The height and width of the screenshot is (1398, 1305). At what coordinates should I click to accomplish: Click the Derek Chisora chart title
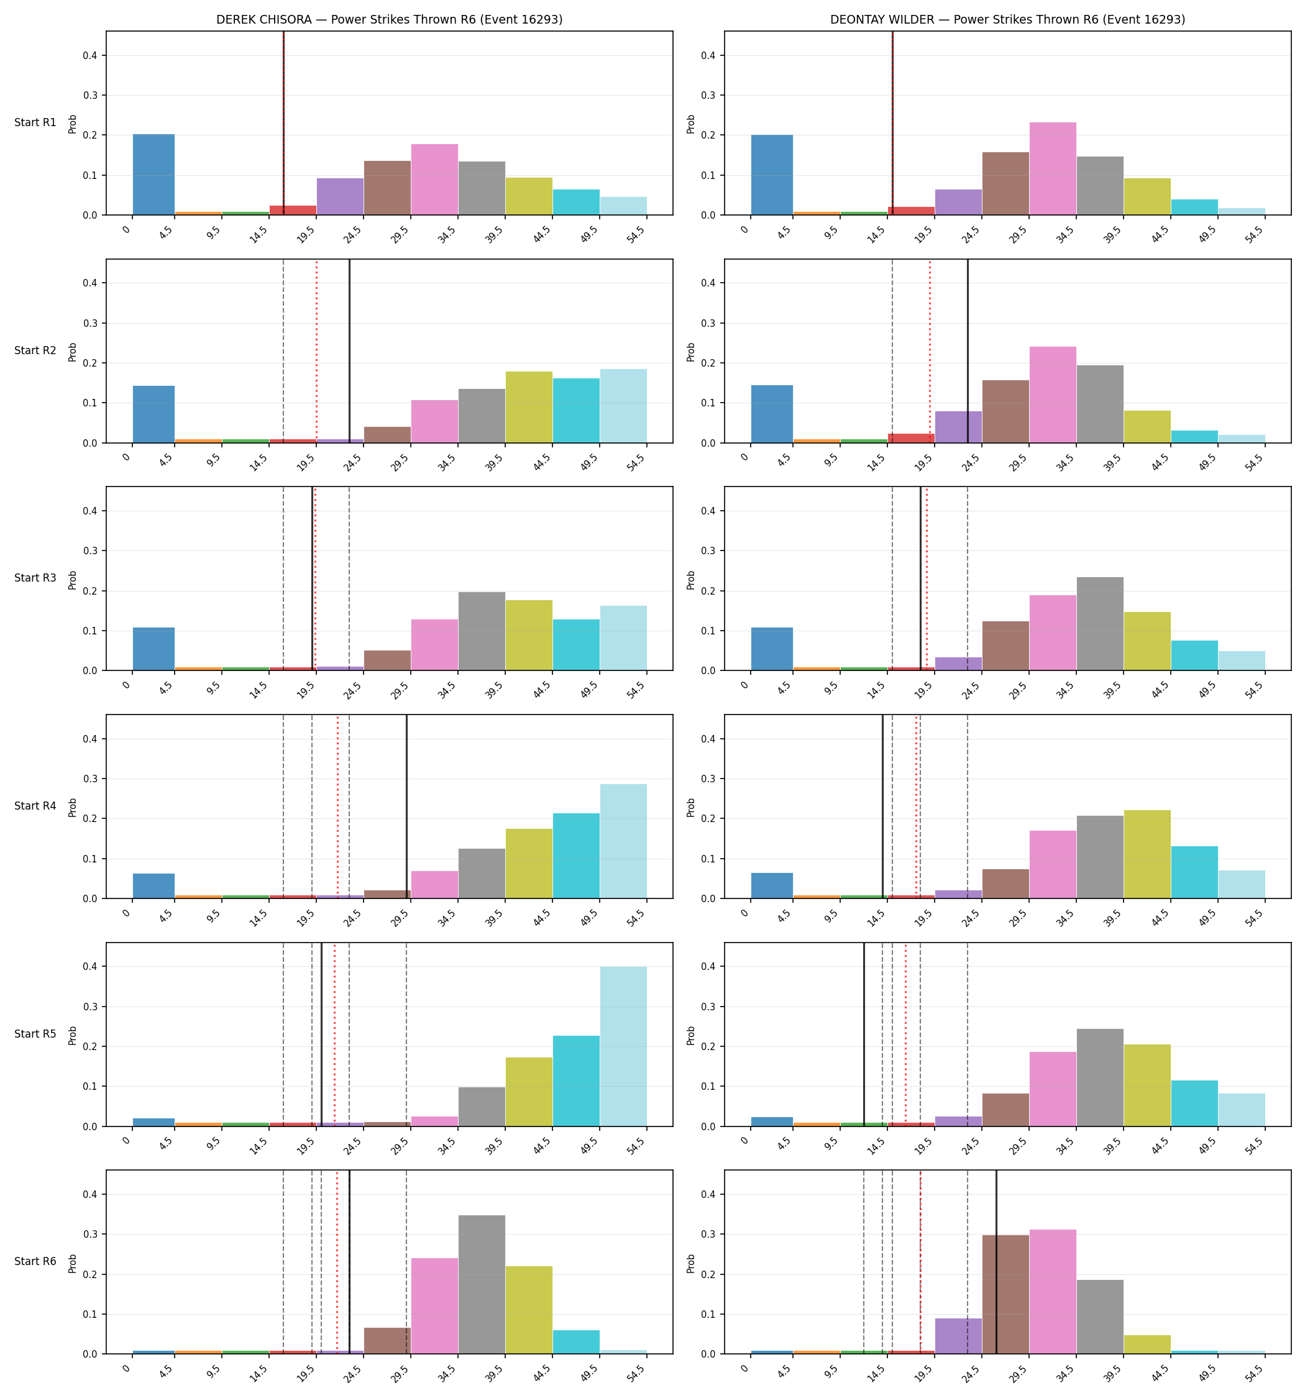pyautogui.click(x=389, y=20)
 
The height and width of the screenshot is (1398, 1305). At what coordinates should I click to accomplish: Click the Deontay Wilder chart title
pyautogui.click(x=1007, y=20)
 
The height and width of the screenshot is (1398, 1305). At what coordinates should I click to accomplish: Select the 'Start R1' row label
pyautogui.click(x=35, y=122)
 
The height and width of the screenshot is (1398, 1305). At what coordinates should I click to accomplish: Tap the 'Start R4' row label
pyautogui.click(x=35, y=806)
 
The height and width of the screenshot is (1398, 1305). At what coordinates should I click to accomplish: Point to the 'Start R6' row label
pyautogui.click(x=35, y=1261)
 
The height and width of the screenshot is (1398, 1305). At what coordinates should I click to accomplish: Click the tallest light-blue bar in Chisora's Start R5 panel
pyautogui.click(x=623, y=1046)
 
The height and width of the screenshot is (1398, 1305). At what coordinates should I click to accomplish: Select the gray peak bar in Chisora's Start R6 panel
pyautogui.click(x=482, y=1285)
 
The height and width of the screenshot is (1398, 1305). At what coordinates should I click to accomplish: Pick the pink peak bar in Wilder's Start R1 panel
pyautogui.click(x=1053, y=169)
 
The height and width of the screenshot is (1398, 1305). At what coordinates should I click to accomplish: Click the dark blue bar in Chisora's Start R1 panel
pyautogui.click(x=153, y=175)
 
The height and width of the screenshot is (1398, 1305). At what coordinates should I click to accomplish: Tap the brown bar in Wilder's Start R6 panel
pyautogui.click(x=1006, y=1295)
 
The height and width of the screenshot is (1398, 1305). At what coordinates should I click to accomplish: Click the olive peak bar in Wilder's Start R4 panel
pyautogui.click(x=1147, y=854)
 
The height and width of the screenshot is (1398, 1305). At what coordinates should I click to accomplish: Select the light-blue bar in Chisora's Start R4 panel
pyautogui.click(x=623, y=841)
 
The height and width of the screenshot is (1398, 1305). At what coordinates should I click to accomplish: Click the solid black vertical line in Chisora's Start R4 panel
pyautogui.click(x=406, y=806)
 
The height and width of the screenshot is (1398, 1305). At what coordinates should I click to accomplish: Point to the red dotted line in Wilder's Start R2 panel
pyautogui.click(x=930, y=351)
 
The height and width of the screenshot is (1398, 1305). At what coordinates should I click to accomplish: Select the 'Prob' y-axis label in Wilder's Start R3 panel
pyautogui.click(x=691, y=580)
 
